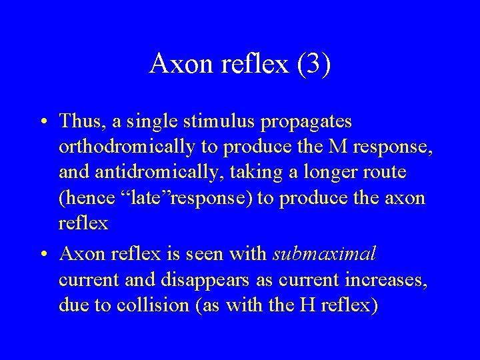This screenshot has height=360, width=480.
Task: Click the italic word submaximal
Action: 324,254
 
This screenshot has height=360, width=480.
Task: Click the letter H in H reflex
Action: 307,305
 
